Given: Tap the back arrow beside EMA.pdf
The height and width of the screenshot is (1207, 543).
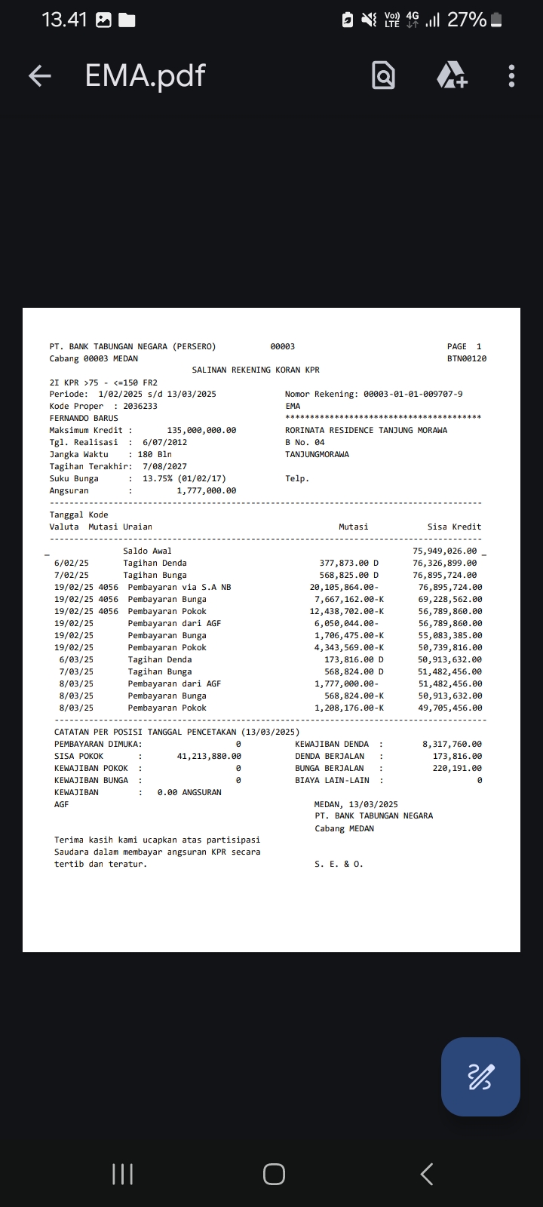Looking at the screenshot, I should [39, 75].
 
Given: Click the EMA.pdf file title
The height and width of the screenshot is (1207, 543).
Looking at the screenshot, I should [145, 75].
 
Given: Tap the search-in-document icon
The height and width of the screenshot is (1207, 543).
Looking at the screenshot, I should [383, 75].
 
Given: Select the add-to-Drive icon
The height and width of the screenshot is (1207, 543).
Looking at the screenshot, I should [452, 75].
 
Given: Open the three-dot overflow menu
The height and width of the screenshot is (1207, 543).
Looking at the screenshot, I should [511, 75].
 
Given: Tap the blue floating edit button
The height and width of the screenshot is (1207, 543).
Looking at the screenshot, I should [480, 1076].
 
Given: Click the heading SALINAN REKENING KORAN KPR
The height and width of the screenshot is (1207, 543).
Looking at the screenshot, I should [256, 370].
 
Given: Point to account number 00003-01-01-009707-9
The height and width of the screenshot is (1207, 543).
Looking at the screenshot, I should [413, 394].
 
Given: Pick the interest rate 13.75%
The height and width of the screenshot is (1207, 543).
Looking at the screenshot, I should [158, 478].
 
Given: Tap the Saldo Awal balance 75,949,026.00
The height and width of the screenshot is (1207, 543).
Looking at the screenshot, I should [444, 551].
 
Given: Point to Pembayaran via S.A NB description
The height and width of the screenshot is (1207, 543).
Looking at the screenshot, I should [179, 587].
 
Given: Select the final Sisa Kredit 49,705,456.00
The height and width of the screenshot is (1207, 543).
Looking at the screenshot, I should [450, 708].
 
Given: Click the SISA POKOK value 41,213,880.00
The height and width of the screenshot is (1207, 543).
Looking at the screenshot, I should [209, 756].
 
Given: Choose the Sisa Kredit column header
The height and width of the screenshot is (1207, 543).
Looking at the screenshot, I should [454, 527].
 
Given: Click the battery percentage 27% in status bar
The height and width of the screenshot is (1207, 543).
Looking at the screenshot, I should [467, 20].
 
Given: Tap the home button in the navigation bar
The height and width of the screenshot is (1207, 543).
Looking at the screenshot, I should [274, 1174].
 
